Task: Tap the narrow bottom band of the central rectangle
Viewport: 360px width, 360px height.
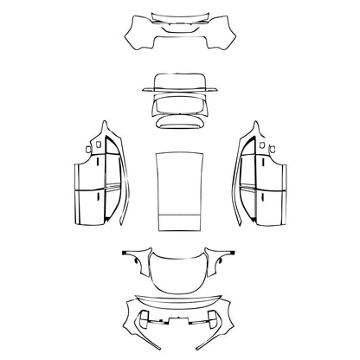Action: (179, 222)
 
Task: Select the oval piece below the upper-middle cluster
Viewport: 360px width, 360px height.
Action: (179, 122)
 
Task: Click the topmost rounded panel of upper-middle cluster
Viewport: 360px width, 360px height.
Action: (179, 83)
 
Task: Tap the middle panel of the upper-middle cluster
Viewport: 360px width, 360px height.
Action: (179, 104)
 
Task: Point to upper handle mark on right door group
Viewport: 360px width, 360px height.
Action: (261, 161)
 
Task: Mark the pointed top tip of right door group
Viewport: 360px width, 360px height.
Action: (256, 121)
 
